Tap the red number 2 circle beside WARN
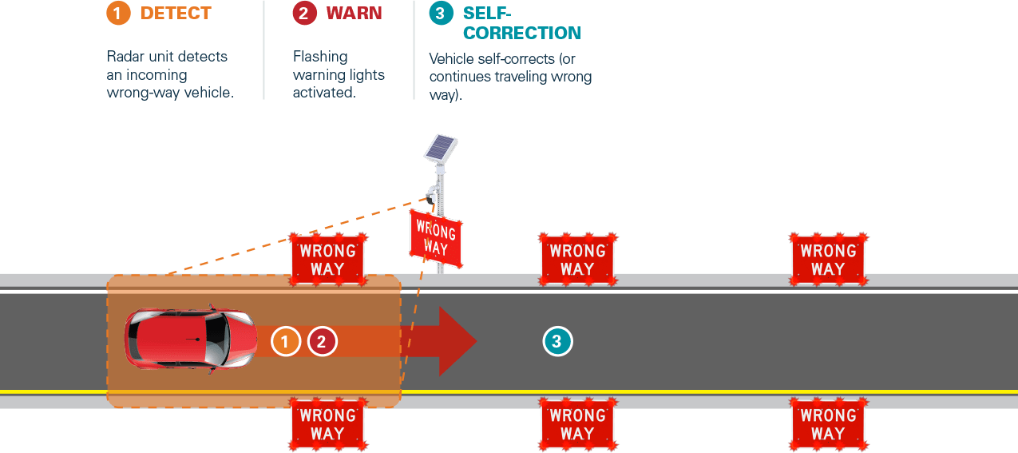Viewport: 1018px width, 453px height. click(303, 13)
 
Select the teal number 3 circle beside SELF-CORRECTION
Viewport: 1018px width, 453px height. click(440, 13)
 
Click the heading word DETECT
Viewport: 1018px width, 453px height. click(176, 13)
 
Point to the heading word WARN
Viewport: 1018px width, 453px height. click(354, 13)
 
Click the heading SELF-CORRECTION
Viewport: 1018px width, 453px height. click(521, 23)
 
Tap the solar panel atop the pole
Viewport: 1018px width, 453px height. click(442, 149)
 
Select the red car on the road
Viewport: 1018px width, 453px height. click(190, 340)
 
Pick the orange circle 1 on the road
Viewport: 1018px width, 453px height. click(285, 341)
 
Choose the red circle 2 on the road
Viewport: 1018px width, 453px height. click(322, 341)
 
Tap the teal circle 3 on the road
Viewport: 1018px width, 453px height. click(557, 341)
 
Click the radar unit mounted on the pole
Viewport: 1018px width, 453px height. click(432, 194)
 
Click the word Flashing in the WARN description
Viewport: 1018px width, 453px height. click(320, 57)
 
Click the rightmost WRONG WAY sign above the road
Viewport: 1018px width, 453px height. click(828, 260)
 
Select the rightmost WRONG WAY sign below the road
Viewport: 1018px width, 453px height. click(828, 424)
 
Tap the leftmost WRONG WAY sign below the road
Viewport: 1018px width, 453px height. click(327, 424)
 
